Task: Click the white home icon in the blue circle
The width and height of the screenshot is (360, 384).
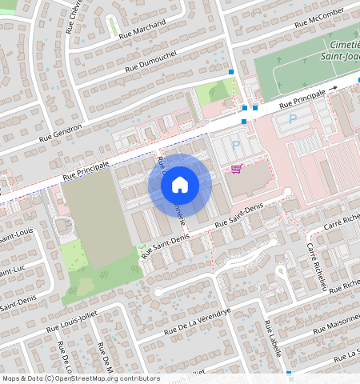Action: (180, 186)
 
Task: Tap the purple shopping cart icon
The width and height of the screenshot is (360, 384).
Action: (236, 170)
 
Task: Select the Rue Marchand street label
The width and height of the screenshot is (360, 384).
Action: (142, 30)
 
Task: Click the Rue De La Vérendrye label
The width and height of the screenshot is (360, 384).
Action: (197, 321)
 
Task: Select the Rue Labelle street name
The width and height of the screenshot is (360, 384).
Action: (274, 338)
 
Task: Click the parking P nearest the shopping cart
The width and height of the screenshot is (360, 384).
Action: (236, 146)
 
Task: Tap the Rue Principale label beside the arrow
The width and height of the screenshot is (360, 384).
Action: (302, 101)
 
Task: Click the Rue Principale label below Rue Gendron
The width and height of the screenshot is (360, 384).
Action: (86, 168)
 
